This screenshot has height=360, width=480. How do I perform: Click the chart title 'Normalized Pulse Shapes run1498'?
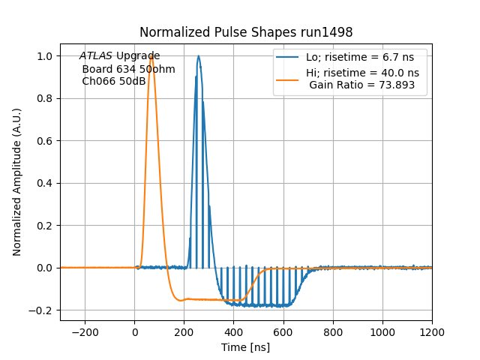pyautogui.click(x=246, y=33)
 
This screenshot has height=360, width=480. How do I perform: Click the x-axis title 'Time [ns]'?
pyautogui.click(x=246, y=347)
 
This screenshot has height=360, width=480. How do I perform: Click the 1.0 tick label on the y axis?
pyautogui.click(x=44, y=56)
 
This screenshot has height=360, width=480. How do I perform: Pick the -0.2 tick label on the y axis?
pyautogui.click(x=41, y=310)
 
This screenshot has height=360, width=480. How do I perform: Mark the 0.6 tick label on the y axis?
pyautogui.click(x=44, y=141)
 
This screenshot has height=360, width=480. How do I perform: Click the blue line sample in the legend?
pyautogui.click(x=289, y=57)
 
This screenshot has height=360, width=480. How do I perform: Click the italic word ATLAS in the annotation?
pyautogui.click(x=96, y=56)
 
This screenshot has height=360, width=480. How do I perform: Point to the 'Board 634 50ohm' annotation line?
pyautogui.click(x=128, y=69)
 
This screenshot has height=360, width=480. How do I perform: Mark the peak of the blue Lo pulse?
pyautogui.click(x=199, y=56)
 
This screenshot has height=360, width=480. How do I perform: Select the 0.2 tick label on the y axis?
pyautogui.click(x=44, y=225)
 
